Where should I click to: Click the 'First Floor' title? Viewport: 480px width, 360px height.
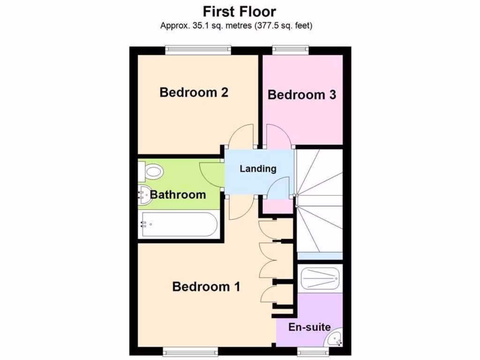pyautogui.click(x=240, y=11)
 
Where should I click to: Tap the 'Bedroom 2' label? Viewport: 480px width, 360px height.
pyautogui.click(x=194, y=92)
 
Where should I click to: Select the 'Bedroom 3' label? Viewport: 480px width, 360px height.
pyautogui.click(x=302, y=95)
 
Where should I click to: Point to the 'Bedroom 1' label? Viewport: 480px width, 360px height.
pyautogui.click(x=206, y=286)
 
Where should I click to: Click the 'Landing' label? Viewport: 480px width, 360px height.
pyautogui.click(x=258, y=169)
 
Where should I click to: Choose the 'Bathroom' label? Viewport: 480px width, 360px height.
pyautogui.click(x=178, y=195)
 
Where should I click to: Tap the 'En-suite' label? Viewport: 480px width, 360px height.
pyautogui.click(x=309, y=327)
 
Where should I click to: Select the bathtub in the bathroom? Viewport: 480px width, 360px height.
pyautogui.click(x=180, y=225)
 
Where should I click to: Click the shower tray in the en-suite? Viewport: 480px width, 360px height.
pyautogui.click(x=320, y=278)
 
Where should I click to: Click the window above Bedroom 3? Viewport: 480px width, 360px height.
pyautogui.click(x=291, y=48)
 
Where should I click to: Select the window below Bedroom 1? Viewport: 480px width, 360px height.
pyautogui.click(x=190, y=351)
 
